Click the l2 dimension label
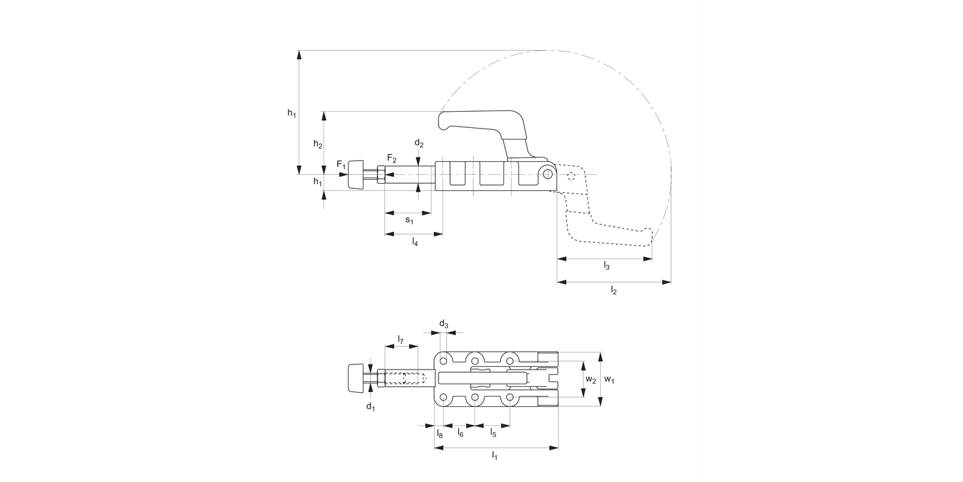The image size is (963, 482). pyautogui.click(x=613, y=291)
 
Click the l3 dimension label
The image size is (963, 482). pyautogui.click(x=606, y=266)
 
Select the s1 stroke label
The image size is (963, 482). pyautogui.click(x=409, y=220)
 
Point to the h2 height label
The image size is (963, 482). pyautogui.click(x=318, y=145)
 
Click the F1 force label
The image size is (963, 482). pyautogui.click(x=342, y=165)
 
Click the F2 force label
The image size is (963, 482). pyautogui.click(x=392, y=158)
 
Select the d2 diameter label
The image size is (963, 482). pyautogui.click(x=419, y=143)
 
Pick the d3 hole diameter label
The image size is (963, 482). pyautogui.click(x=444, y=323)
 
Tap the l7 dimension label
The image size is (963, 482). pyautogui.click(x=400, y=339)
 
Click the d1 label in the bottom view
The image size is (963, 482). pyautogui.click(x=370, y=406)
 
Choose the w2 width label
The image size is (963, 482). pyautogui.click(x=590, y=380)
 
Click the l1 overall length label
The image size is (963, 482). pyautogui.click(x=494, y=456)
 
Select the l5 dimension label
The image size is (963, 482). pyautogui.click(x=493, y=434)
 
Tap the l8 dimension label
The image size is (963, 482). pyautogui.click(x=440, y=434)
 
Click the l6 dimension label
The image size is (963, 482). pyautogui.click(x=460, y=434)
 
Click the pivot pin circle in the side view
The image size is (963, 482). pyautogui.click(x=547, y=174)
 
